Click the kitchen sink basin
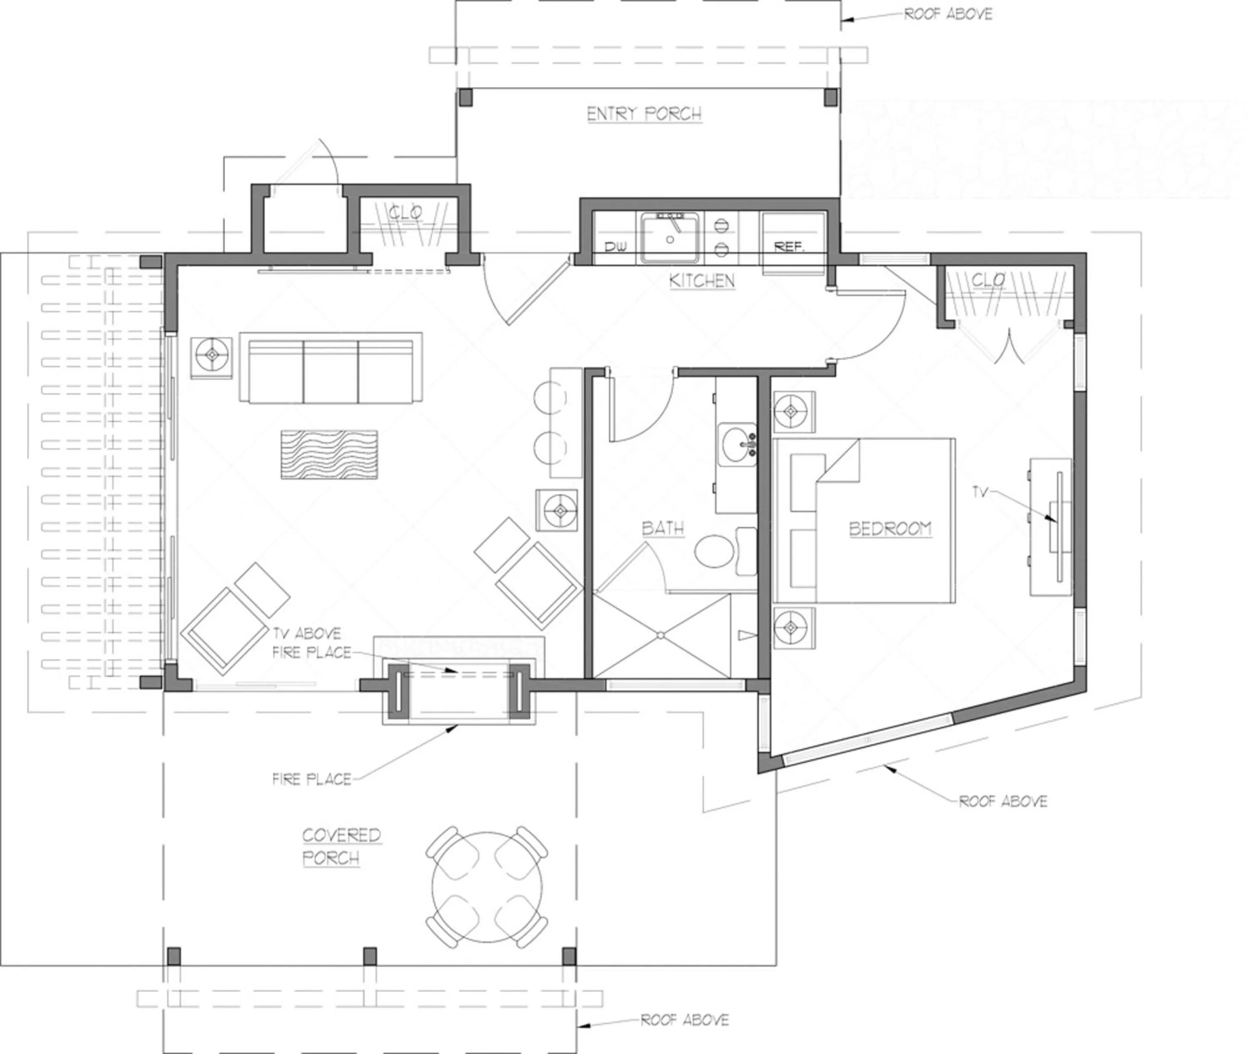coord(669,239)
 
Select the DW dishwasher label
coord(615,247)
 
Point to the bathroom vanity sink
coord(736,445)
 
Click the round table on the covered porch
coord(487,888)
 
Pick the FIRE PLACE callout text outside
coord(311,779)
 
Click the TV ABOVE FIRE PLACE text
coord(311,643)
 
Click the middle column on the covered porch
coord(370,956)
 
